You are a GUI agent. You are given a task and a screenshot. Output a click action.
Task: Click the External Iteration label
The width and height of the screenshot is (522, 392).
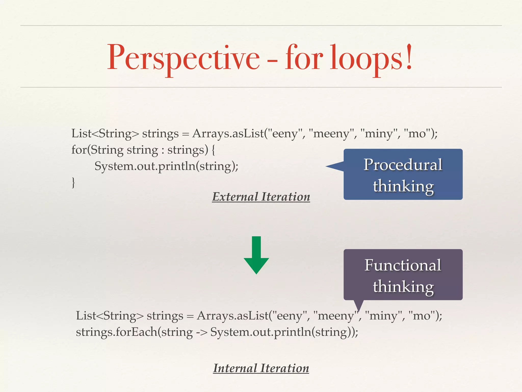coord(261,197)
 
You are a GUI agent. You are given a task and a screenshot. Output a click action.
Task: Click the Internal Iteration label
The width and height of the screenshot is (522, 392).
coord(261,368)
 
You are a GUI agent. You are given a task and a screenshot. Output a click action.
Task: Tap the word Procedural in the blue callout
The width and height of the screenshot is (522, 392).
coord(403,165)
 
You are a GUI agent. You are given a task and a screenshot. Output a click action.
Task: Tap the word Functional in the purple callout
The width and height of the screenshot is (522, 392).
coord(403,265)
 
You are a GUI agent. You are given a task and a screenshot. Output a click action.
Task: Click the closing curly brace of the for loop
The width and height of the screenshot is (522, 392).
coord(73,182)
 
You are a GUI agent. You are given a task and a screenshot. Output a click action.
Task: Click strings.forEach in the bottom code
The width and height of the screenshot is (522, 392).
coord(116,332)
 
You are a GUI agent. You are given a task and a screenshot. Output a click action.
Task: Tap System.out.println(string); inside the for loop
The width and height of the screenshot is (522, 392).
coord(166,166)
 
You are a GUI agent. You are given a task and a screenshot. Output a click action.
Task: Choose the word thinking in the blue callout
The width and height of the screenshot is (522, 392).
coord(403,186)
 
